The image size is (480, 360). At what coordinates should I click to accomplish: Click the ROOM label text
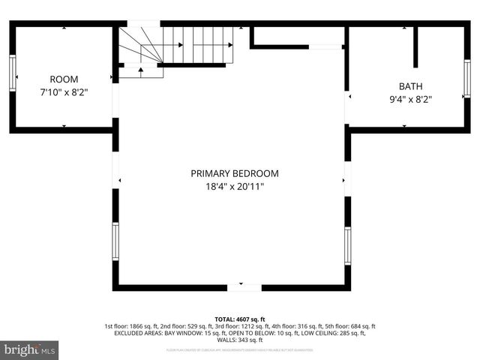coord(64,79)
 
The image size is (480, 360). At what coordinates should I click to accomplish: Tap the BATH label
coord(410,86)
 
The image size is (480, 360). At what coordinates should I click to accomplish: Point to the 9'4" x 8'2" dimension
coord(410,99)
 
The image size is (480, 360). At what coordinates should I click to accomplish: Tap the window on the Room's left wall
coord(13,73)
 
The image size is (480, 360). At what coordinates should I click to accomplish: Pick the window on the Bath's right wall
coord(466,79)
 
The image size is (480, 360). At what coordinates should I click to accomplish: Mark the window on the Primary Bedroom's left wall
coord(115,241)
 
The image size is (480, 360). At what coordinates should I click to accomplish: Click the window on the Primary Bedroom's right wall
coord(347,246)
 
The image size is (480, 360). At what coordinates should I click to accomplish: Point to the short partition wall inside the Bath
coord(415,48)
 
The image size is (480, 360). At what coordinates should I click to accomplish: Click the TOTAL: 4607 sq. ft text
coord(240,319)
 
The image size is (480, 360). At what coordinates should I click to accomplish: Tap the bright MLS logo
coord(30,349)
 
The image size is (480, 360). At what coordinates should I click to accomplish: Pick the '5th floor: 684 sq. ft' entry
coord(349,326)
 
